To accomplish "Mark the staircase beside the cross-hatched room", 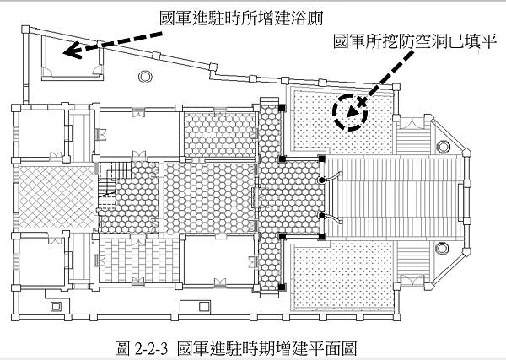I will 107,199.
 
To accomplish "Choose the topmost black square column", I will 281,107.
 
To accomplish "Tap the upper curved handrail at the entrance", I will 332,177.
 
